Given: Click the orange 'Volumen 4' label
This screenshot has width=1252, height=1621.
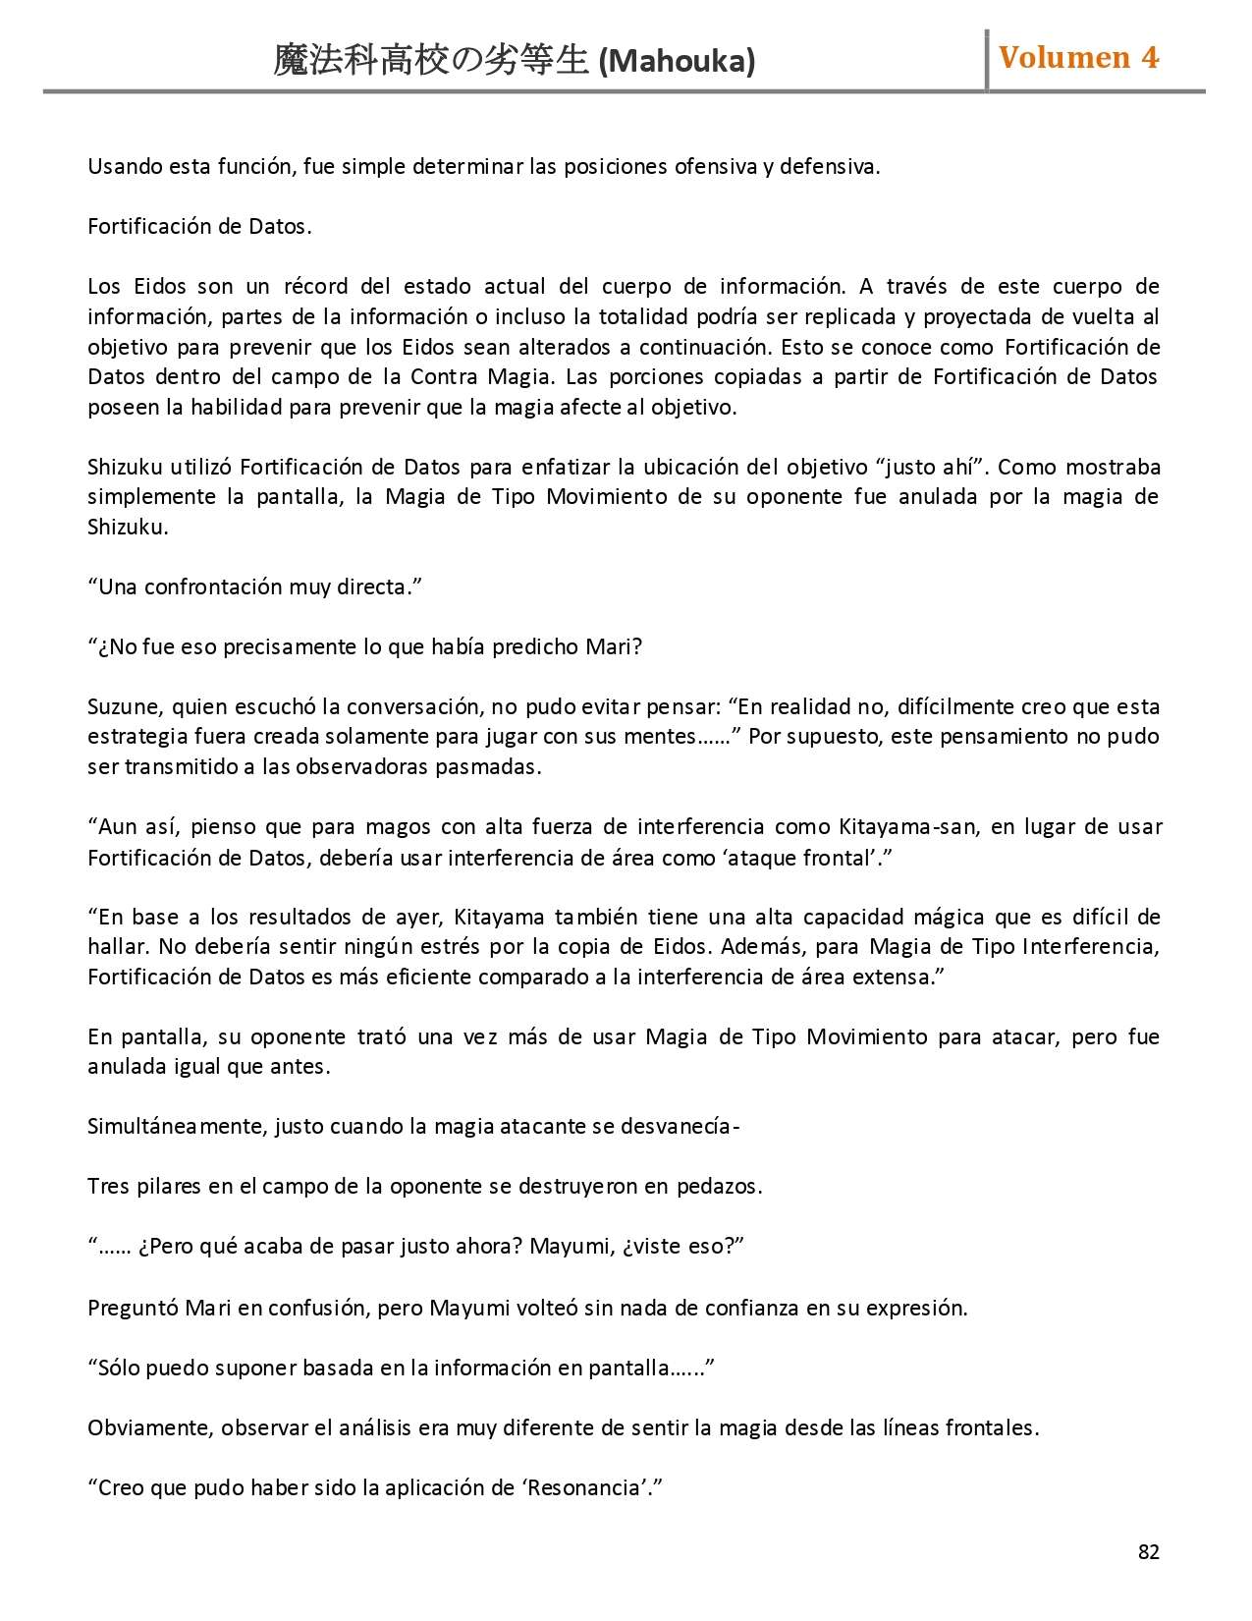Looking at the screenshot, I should click(1078, 58).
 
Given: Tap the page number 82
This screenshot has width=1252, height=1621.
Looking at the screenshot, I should click(1148, 1551).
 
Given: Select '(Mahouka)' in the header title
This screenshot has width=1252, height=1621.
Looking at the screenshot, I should click(677, 62).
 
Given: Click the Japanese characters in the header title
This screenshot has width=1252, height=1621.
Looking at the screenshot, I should click(432, 62).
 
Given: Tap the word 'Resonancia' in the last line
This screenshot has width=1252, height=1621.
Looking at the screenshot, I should click(583, 1487).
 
